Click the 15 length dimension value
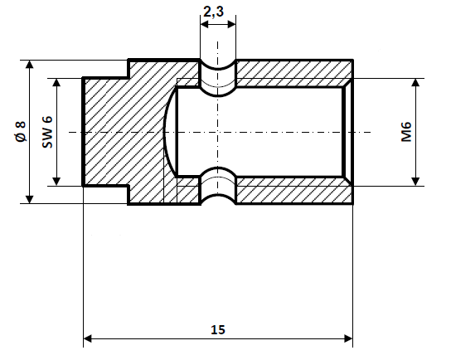click(x=218, y=329)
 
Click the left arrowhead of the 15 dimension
click(x=89, y=338)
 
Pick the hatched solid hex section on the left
click(x=124, y=132)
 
